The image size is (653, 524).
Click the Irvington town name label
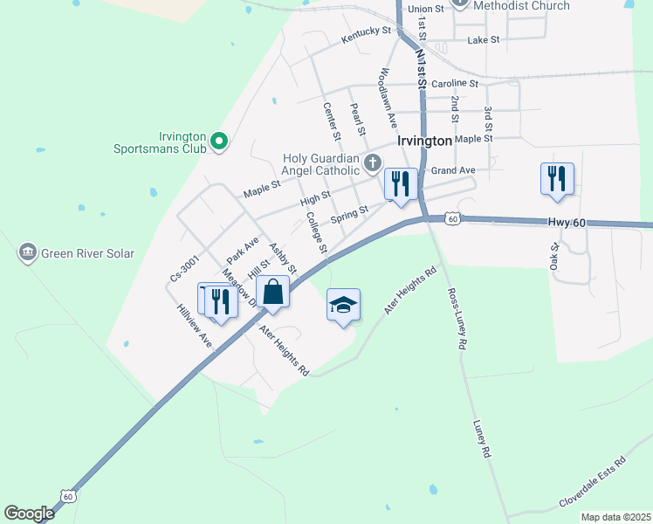[x=424, y=140]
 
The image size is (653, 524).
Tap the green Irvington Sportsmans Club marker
[x=220, y=140]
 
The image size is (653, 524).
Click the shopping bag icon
[x=273, y=293]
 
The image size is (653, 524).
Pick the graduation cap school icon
[x=343, y=304]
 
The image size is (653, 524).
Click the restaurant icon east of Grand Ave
[x=556, y=179]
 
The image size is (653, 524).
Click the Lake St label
[x=483, y=40]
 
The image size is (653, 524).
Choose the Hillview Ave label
[x=194, y=326]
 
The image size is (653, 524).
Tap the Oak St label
[x=553, y=256]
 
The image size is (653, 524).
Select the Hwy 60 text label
[x=566, y=224]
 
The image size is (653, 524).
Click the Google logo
[x=29, y=514]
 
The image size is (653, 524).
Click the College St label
[x=317, y=235]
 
